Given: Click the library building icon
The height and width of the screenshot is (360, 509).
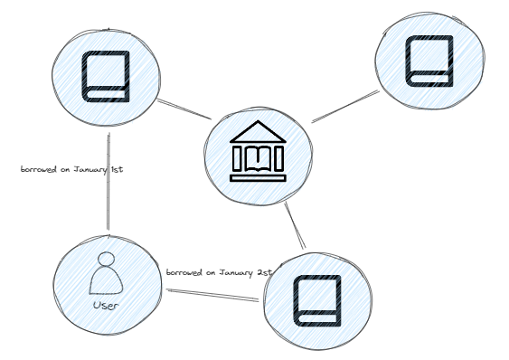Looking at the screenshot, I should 258,151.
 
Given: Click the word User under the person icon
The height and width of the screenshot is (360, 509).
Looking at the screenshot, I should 108,306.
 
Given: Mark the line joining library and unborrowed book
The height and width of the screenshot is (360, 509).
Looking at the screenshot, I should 345,105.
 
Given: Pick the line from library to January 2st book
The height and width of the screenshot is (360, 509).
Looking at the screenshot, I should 296,226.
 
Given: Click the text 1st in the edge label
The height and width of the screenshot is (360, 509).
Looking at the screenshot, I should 117,168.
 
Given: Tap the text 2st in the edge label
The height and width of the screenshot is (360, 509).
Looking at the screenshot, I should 264,271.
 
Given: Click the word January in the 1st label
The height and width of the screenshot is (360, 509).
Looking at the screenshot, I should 90,168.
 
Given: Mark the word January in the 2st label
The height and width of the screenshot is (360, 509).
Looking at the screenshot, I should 236,271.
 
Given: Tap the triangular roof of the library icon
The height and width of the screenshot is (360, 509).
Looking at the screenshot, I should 258,130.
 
